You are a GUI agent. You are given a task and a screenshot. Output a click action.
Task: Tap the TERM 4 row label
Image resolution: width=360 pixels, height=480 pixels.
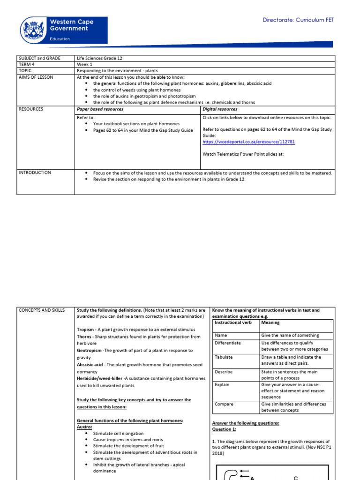pos(27,64)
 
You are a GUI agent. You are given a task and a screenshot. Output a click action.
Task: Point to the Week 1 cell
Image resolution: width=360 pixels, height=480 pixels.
pos(85,64)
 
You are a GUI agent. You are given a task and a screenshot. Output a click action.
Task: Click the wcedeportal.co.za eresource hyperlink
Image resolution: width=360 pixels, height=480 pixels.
pos(248,142)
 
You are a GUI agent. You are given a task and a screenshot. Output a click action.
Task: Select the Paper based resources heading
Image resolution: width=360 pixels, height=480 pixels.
pos(100,109)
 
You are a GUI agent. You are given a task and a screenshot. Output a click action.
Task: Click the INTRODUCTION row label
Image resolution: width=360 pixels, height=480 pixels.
pos(35,172)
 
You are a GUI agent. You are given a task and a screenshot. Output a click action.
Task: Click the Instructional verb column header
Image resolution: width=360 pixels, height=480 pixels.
pos(233,322)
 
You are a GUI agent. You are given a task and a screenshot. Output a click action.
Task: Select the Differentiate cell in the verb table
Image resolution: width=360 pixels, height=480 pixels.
pos(228,343)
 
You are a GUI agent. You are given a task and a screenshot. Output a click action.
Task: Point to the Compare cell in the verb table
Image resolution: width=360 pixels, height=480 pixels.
pos(224,404)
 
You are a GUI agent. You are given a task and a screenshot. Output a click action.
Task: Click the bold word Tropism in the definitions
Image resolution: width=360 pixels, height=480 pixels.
pos(87,330)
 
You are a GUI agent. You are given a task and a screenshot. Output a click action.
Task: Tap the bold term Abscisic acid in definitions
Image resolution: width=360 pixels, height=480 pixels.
pos(91,364)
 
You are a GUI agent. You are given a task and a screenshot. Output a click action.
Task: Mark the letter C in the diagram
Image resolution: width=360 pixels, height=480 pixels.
pos(296,478)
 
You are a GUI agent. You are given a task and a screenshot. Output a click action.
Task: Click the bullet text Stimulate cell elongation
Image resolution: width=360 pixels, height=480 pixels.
pos(118,434)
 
